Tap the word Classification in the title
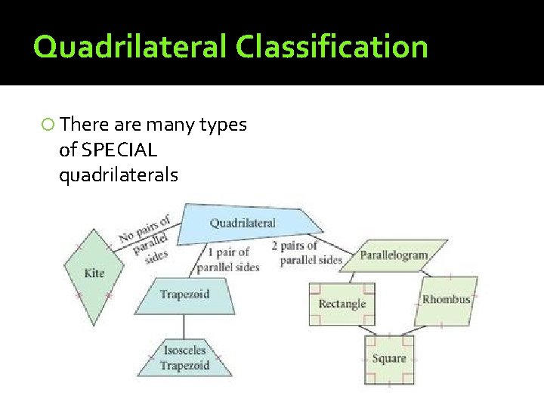coord(332,47)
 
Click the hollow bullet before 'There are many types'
coord(48,125)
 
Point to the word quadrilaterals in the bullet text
coord(118,175)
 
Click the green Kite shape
coord(94,273)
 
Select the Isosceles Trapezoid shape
coord(184,358)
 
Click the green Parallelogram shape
coord(394,255)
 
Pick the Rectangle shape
coord(342,304)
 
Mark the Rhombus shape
coord(446,300)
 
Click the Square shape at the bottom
coord(389,359)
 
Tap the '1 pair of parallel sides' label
coord(227,259)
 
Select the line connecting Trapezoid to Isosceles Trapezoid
coord(184,326)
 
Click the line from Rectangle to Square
coord(368,330)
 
